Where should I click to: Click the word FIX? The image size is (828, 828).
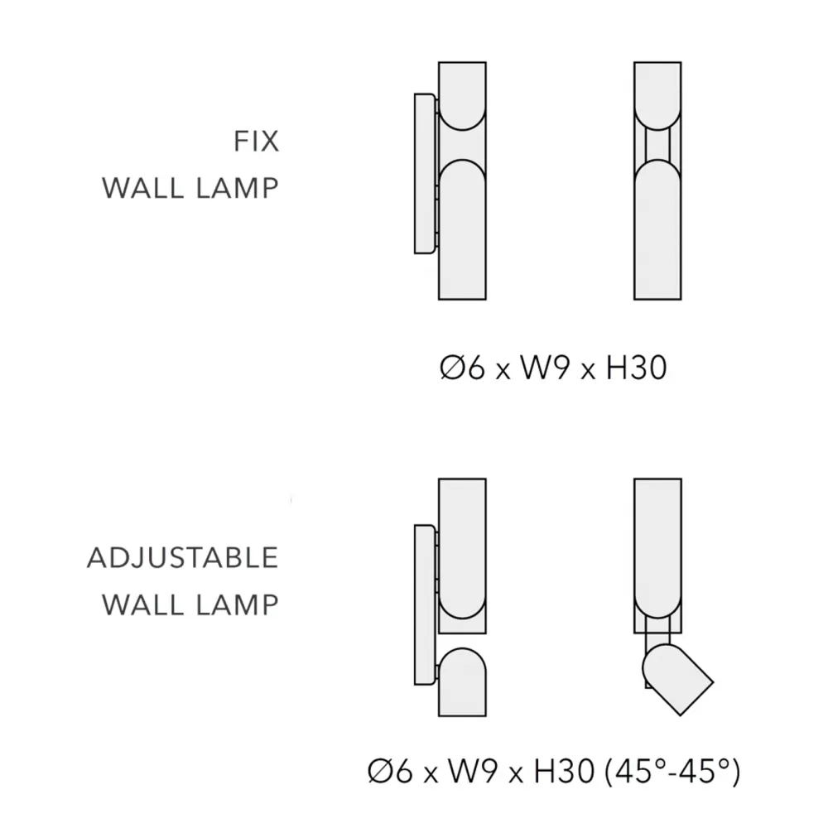tap(256, 141)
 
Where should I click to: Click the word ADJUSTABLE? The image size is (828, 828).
tap(183, 557)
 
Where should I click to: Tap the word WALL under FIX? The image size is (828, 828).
tap(142, 188)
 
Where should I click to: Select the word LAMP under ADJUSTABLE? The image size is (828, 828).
tap(237, 604)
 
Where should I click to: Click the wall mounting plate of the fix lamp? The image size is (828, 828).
tap(425, 174)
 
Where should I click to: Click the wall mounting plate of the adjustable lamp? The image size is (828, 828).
tap(425, 604)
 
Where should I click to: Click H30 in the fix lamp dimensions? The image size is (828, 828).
tap(636, 368)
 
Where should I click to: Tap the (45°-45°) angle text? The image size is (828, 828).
tap(672, 772)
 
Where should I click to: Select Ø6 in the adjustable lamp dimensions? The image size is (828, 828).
tap(390, 772)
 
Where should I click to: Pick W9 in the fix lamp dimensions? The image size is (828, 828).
tap(544, 368)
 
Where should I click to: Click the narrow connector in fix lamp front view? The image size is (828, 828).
tap(657, 145)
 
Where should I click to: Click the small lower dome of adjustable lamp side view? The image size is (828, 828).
tap(462, 681)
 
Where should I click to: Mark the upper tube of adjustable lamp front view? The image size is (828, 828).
tap(657, 556)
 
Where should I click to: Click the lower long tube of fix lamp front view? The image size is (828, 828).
tap(657, 229)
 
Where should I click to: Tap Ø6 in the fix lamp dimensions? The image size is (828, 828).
tap(461, 368)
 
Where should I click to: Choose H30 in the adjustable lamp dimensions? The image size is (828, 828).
tap(564, 772)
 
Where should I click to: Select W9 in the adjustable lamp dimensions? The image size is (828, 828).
tap(472, 772)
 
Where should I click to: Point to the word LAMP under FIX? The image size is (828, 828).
tap(237, 188)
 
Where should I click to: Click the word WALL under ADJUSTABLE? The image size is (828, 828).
tap(142, 604)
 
